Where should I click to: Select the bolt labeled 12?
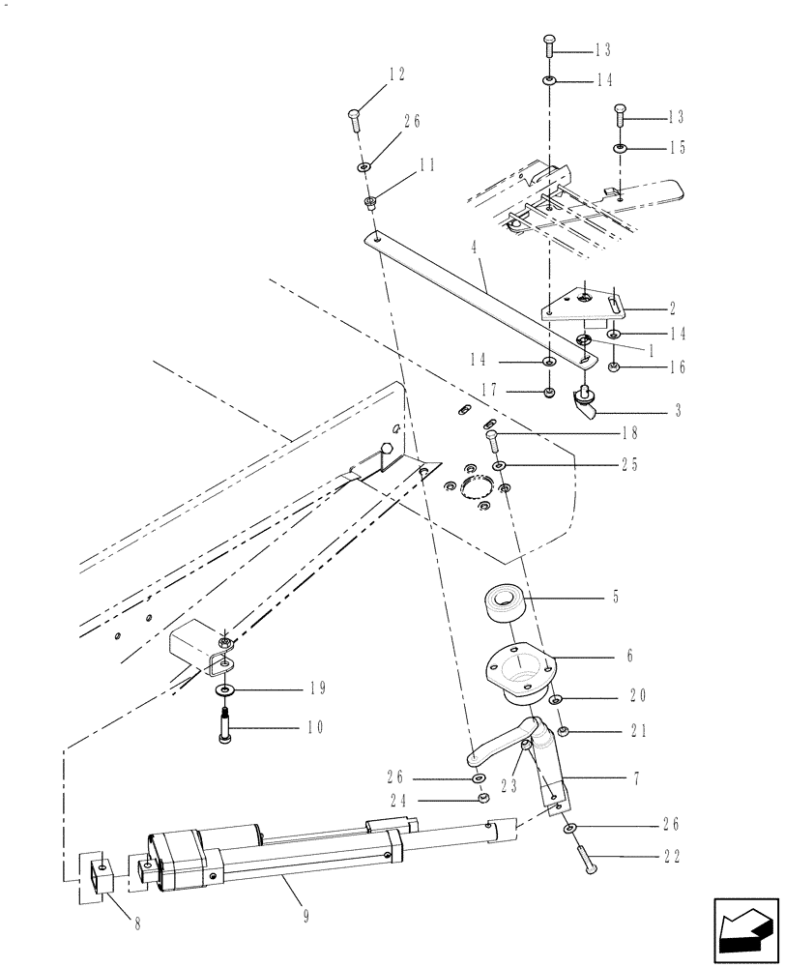(354, 121)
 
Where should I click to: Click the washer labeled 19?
(224, 689)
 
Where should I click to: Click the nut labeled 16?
(614, 366)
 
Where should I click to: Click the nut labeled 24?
(482, 799)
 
